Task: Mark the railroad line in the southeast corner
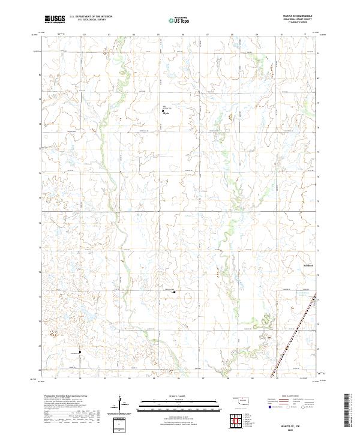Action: click(294, 336)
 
